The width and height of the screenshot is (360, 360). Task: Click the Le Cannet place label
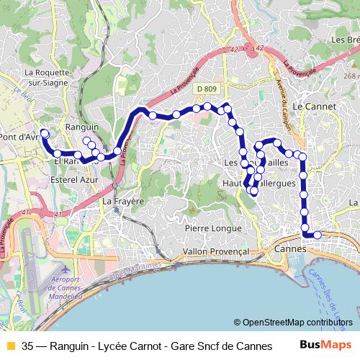[310, 104]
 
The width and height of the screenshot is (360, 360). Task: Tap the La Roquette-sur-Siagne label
[48, 77]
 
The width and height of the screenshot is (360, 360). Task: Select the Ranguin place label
[81, 127]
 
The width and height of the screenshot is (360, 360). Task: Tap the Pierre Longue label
[213, 228]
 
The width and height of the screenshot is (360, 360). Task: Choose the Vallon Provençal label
[216, 251]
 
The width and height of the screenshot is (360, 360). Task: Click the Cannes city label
[291, 248]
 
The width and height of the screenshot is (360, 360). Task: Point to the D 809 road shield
[205, 89]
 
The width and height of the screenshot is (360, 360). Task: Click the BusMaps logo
[325, 345]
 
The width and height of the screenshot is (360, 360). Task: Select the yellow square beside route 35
[10, 346]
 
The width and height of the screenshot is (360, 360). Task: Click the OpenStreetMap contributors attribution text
[297, 323]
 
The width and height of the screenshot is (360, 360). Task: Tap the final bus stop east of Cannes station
[317, 235]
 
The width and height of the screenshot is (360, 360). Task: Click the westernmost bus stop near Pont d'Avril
[44, 132]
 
